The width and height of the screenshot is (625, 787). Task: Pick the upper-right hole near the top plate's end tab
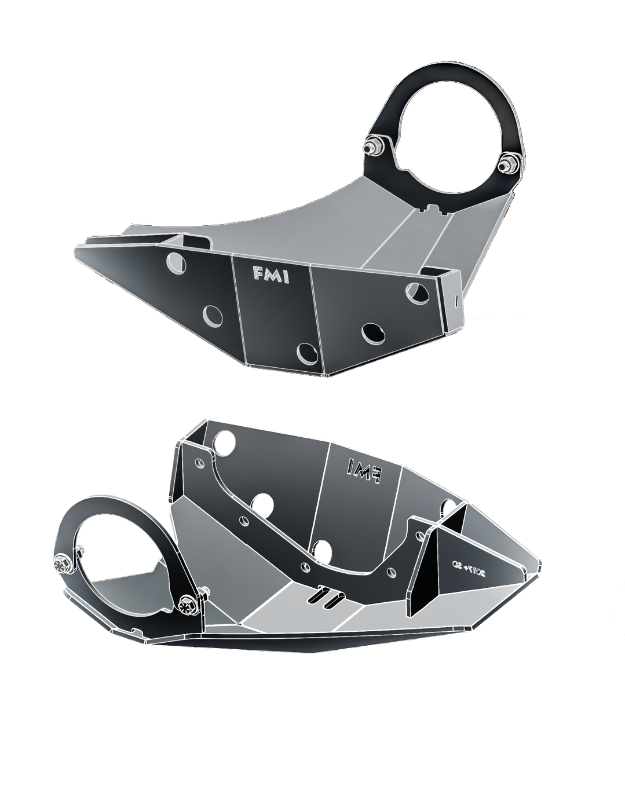coord(416,290)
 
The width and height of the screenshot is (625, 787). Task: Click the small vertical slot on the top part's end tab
coord(456,300)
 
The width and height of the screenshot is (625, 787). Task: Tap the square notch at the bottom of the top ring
coord(432,206)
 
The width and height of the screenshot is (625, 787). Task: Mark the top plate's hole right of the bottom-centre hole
coord(371,332)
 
